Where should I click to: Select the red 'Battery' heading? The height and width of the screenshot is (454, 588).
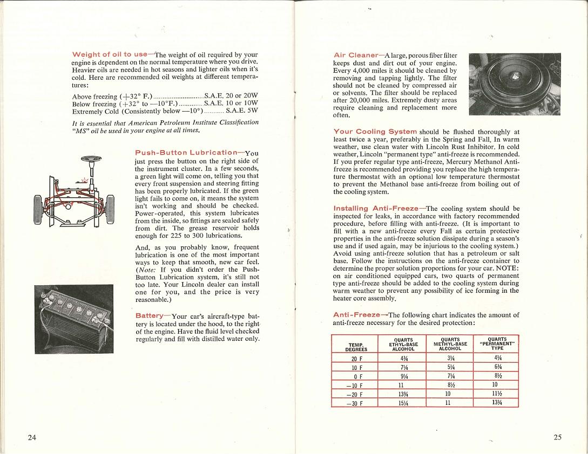pyautogui.click(x=150, y=315)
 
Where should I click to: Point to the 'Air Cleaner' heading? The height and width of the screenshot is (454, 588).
pyautogui.click(x=356, y=55)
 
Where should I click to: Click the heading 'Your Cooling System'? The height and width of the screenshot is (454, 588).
pyautogui.click(x=375, y=132)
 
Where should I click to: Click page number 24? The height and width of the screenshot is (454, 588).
pyautogui.click(x=32, y=437)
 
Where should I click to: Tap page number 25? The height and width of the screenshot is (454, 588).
pyautogui.click(x=557, y=437)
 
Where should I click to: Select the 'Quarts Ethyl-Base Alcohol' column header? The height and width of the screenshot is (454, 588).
pyautogui.click(x=403, y=345)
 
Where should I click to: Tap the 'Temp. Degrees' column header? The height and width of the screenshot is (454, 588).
pyautogui.click(x=356, y=347)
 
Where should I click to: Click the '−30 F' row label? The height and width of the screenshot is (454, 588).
pyautogui.click(x=356, y=403)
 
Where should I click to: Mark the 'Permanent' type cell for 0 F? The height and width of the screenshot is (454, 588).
pyautogui.click(x=495, y=376)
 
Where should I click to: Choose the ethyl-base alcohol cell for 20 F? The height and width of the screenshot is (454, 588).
pyautogui.click(x=403, y=359)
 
